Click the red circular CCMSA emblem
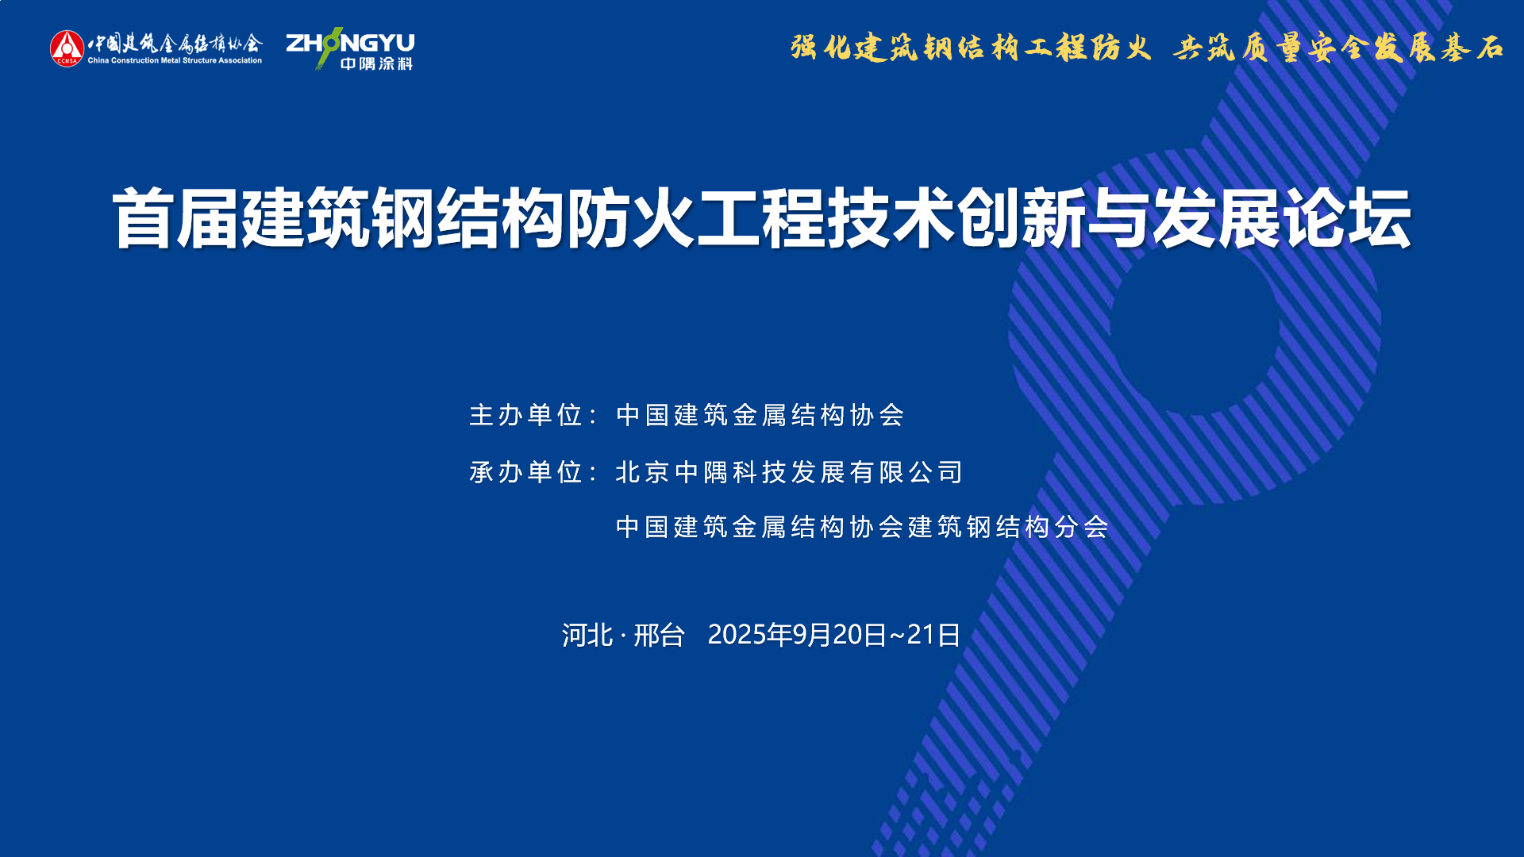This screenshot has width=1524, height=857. point(67,48)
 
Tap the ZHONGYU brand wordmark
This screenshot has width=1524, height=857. point(350,43)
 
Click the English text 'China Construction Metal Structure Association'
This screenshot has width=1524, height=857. point(175,60)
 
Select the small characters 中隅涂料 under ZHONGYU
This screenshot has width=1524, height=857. point(377,63)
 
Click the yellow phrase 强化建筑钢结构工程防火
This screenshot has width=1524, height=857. point(970,48)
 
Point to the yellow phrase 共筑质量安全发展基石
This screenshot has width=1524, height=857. point(1338,48)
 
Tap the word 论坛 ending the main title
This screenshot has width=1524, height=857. point(1348,218)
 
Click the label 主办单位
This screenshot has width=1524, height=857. point(526,415)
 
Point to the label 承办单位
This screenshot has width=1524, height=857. point(526,472)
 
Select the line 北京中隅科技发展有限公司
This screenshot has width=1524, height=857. point(790,472)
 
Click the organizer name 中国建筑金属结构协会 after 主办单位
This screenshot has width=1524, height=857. point(760,415)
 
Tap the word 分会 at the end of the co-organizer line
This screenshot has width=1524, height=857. point(1082,527)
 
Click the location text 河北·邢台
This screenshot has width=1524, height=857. point(623,635)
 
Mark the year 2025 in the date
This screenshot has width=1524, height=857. point(737,635)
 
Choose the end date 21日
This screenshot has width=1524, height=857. point(933,635)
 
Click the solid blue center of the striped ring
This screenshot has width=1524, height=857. point(1195,329)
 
